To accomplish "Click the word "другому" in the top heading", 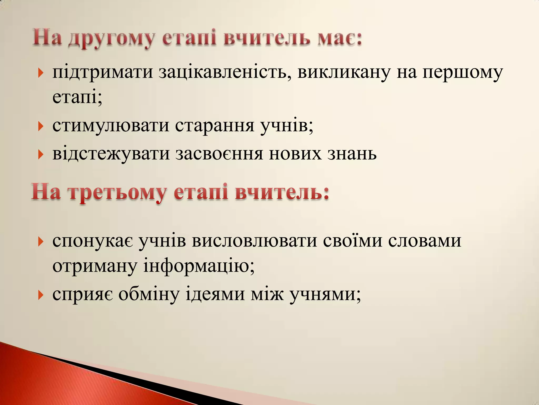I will [x=111, y=39].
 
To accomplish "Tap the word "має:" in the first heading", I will [x=340, y=38].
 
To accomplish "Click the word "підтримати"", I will [x=103, y=73].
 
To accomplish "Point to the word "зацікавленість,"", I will [x=225, y=73].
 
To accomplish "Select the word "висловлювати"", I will [x=254, y=240].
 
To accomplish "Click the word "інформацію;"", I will [x=199, y=266].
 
